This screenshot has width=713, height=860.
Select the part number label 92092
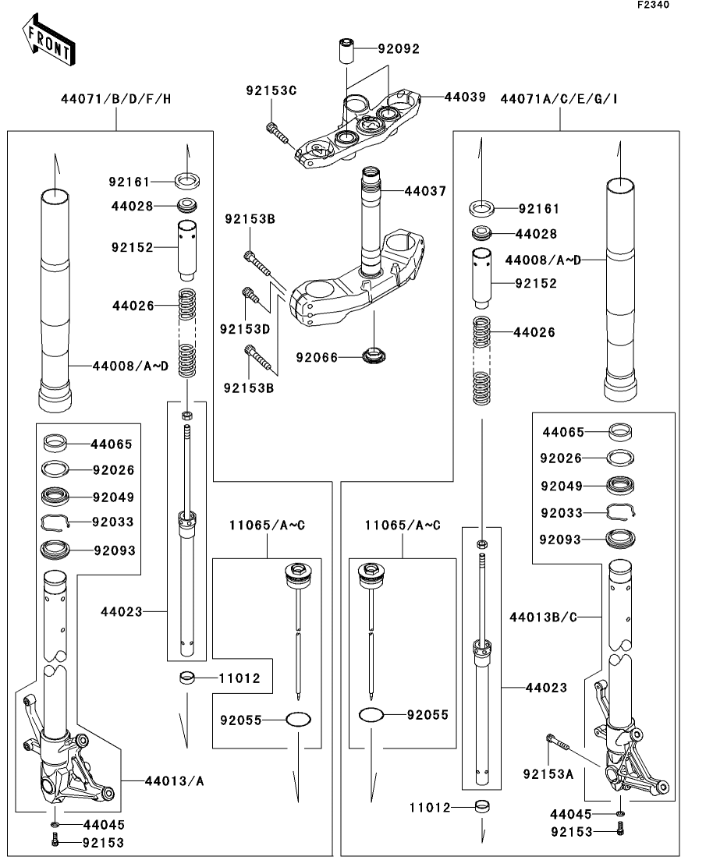[x=399, y=48]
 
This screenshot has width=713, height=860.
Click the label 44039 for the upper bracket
[x=465, y=97]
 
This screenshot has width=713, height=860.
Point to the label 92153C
[x=271, y=90]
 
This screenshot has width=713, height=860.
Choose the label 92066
[x=316, y=358]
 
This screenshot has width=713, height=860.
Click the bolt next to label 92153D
[x=250, y=296]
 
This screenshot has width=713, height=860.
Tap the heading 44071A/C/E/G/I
[x=559, y=99]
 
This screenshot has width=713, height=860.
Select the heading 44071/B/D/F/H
[x=115, y=99]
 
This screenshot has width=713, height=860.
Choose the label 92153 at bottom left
[x=103, y=842]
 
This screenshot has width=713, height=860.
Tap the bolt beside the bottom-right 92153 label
[x=620, y=831]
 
